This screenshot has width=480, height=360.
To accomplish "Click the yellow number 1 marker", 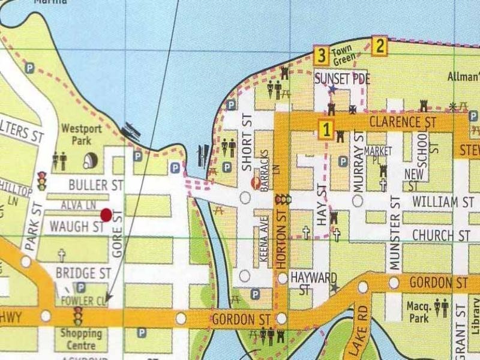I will pyautogui.click(x=326, y=130).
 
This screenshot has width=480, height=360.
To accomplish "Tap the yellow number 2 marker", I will pyautogui.click(x=379, y=46).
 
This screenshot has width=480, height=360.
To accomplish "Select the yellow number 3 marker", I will pyautogui.click(x=322, y=56).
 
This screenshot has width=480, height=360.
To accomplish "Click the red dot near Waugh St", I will pyautogui.click(x=107, y=215).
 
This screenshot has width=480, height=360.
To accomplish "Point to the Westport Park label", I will pyautogui.click(x=76, y=134).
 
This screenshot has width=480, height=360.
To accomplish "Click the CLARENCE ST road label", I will pyautogui.click(x=402, y=122).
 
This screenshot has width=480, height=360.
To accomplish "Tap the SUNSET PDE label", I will pyautogui.click(x=343, y=79).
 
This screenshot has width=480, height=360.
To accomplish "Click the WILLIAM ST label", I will pyautogui.click(x=443, y=202).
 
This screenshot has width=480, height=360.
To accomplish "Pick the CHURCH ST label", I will pyautogui.click(x=441, y=235).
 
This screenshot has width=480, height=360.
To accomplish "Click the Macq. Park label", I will pyautogui.click(x=418, y=312).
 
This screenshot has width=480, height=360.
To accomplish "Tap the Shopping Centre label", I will pyautogui.click(x=80, y=339).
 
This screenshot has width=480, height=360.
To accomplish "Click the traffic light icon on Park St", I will pyautogui.click(x=42, y=181).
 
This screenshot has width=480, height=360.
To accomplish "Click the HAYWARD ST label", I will pyautogui.click(x=313, y=283).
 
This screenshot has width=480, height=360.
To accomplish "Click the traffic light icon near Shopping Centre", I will pyautogui.click(x=77, y=316).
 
